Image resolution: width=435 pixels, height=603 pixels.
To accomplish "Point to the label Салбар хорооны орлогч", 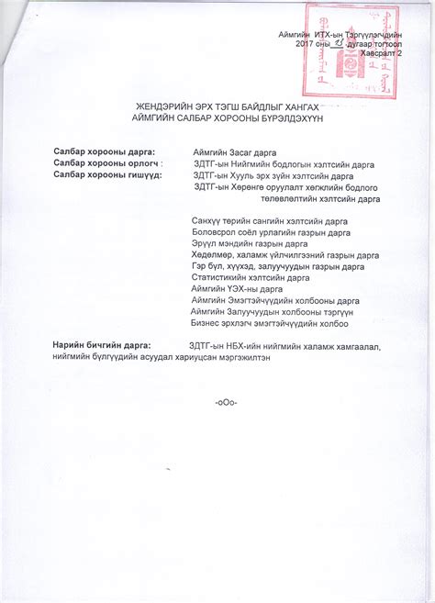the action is [105, 162].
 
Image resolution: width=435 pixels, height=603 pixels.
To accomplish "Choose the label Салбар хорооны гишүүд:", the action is [107, 174].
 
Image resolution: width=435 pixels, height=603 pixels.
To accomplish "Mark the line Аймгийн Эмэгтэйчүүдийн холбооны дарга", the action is [274, 300].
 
